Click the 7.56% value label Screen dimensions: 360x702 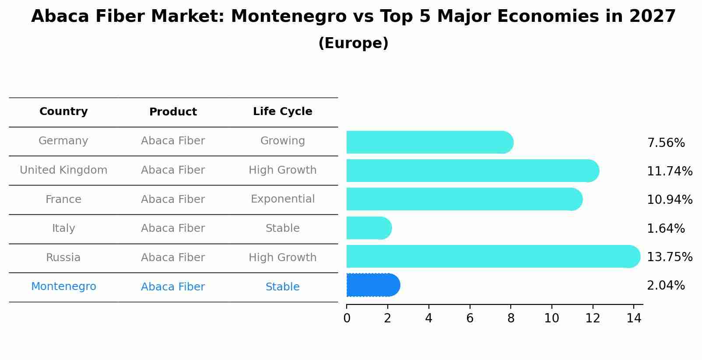[x=666, y=143]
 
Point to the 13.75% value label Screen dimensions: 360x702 [x=669, y=257]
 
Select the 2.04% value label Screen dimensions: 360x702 [x=666, y=286]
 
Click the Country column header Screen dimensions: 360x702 [x=63, y=112]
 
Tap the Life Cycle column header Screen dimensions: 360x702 [x=282, y=112]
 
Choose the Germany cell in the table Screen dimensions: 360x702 [x=63, y=141]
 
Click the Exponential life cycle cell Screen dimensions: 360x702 [x=282, y=199]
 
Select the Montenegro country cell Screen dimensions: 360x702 [x=63, y=287]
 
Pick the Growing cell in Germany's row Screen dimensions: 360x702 [x=282, y=141]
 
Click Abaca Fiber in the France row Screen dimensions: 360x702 [x=173, y=199]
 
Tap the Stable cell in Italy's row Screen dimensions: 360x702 [x=282, y=228]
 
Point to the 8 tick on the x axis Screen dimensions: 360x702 [x=511, y=318]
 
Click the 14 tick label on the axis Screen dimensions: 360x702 [x=634, y=318]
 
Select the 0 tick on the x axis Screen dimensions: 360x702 [x=347, y=318]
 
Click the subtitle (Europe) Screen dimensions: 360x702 [x=353, y=43]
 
